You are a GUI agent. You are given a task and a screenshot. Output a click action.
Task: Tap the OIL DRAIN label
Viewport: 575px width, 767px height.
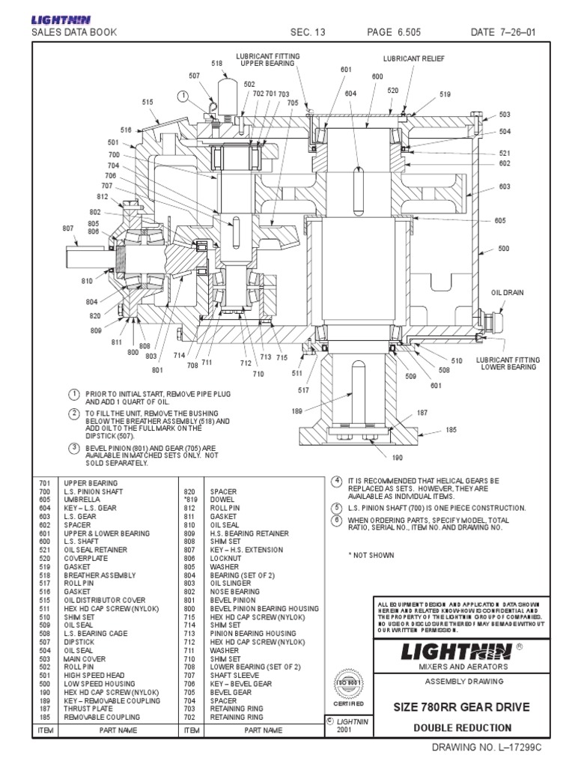[506, 293]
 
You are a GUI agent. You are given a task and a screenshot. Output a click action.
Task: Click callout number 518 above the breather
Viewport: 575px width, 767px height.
[217, 64]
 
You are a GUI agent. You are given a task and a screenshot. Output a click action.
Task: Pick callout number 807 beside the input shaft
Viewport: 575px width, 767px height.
[68, 228]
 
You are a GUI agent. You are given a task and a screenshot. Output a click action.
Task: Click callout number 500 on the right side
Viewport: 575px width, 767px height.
[503, 248]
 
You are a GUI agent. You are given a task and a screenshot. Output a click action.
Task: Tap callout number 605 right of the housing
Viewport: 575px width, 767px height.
[499, 221]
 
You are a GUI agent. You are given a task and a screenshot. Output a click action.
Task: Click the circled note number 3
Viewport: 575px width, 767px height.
[74, 448]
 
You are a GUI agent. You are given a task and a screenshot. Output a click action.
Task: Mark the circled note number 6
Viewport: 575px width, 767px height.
[337, 519]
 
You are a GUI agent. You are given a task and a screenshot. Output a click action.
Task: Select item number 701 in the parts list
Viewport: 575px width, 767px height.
[43, 483]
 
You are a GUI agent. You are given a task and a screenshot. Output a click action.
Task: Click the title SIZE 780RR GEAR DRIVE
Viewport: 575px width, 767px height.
[456, 707]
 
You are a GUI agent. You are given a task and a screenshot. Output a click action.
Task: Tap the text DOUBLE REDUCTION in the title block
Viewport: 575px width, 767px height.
[462, 727]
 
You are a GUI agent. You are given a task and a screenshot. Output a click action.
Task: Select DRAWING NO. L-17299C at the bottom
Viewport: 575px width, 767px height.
[484, 748]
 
